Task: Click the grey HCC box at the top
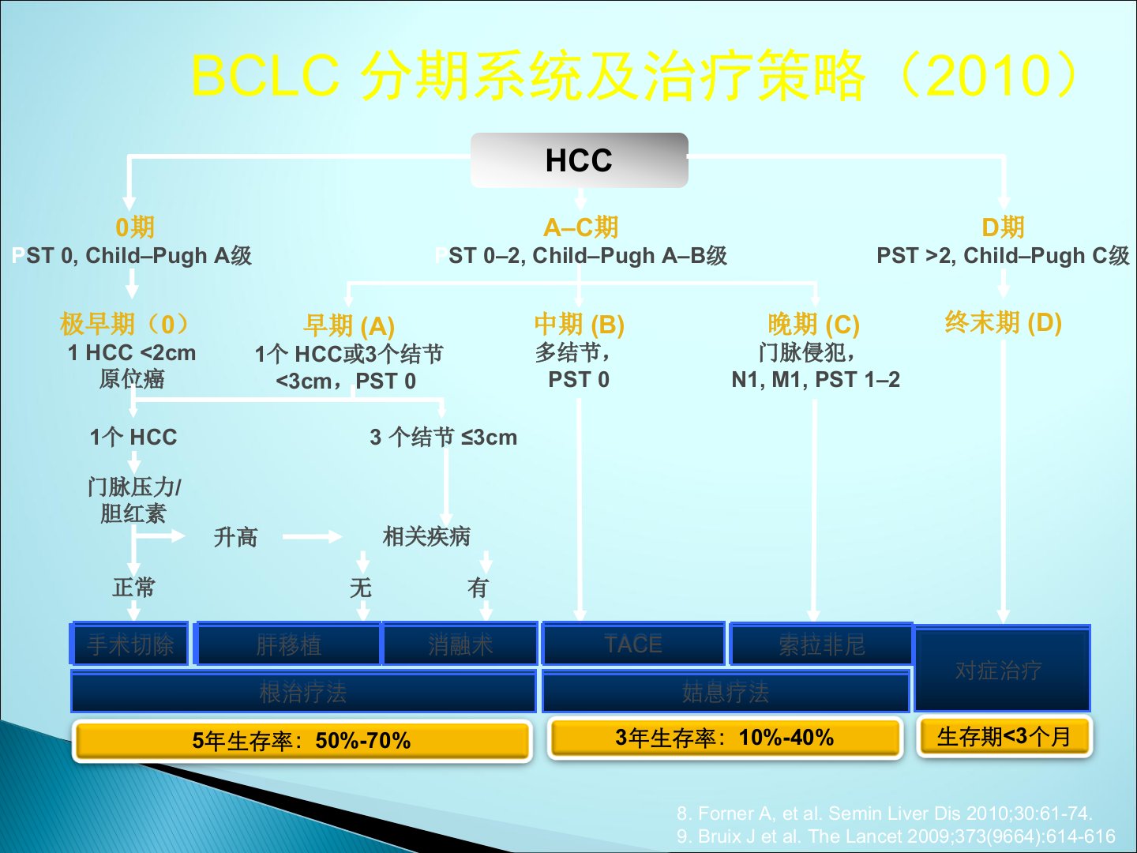[x=579, y=160]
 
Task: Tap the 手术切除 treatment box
[x=130, y=644]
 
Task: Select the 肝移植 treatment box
[x=288, y=644]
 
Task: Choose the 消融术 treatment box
[x=460, y=644]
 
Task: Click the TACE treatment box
[x=633, y=644]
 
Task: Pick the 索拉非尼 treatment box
[x=821, y=644]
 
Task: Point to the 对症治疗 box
[x=1001, y=670]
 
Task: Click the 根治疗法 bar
[x=303, y=693]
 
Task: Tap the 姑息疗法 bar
[x=725, y=693]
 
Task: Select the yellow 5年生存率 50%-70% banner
[x=302, y=741]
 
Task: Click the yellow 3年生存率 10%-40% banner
[x=725, y=738]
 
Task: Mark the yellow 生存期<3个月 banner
[x=1004, y=737]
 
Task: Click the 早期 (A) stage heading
[x=349, y=325]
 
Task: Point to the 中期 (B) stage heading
[x=579, y=324]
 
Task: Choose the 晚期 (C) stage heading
[x=813, y=324]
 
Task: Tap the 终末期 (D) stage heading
[x=1003, y=322]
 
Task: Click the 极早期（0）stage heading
[x=126, y=323]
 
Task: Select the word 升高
[x=235, y=537]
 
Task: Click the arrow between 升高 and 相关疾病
[x=312, y=537]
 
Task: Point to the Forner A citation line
[x=884, y=813]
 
